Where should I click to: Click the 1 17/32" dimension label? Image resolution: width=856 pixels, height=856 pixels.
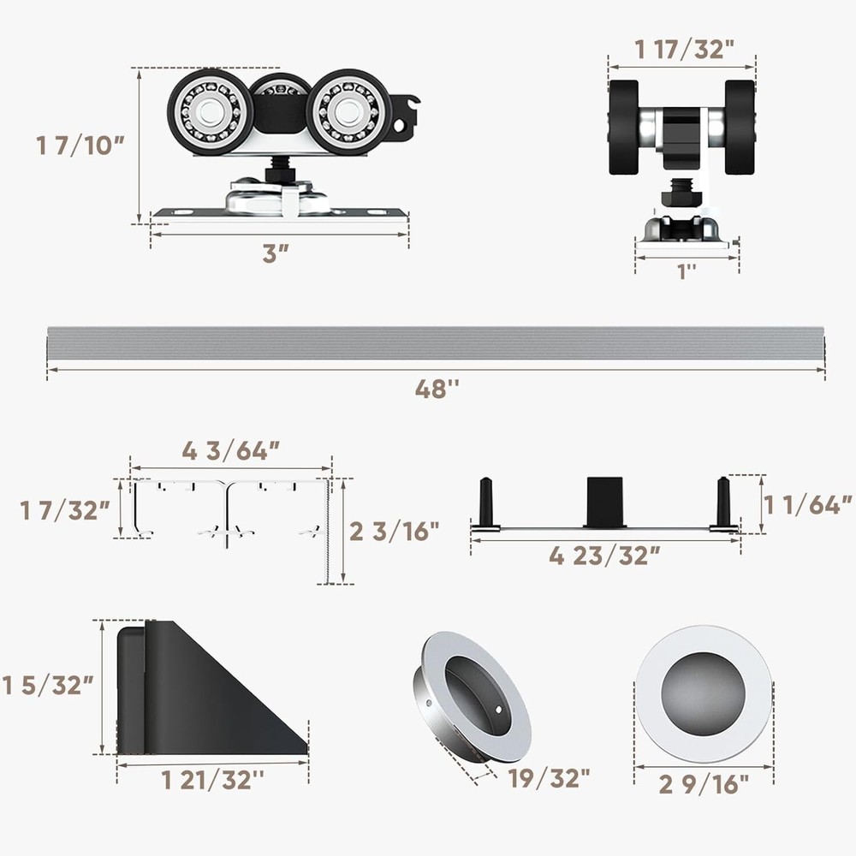click(x=684, y=49)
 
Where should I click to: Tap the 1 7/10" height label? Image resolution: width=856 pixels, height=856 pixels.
click(x=80, y=146)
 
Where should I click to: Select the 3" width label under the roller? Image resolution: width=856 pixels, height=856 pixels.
click(x=276, y=253)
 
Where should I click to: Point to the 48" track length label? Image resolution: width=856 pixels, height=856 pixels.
click(x=437, y=389)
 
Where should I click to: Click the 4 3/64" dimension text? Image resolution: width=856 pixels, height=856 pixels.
click(x=230, y=451)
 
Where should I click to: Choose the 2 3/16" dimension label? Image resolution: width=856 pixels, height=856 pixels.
click(x=394, y=532)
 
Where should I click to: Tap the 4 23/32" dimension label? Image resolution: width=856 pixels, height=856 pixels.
click(x=604, y=556)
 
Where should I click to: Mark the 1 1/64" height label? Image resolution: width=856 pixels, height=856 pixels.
click(x=807, y=506)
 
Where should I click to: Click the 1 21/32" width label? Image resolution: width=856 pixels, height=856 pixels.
click(x=212, y=780)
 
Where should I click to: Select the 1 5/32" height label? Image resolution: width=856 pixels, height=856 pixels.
click(x=48, y=686)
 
